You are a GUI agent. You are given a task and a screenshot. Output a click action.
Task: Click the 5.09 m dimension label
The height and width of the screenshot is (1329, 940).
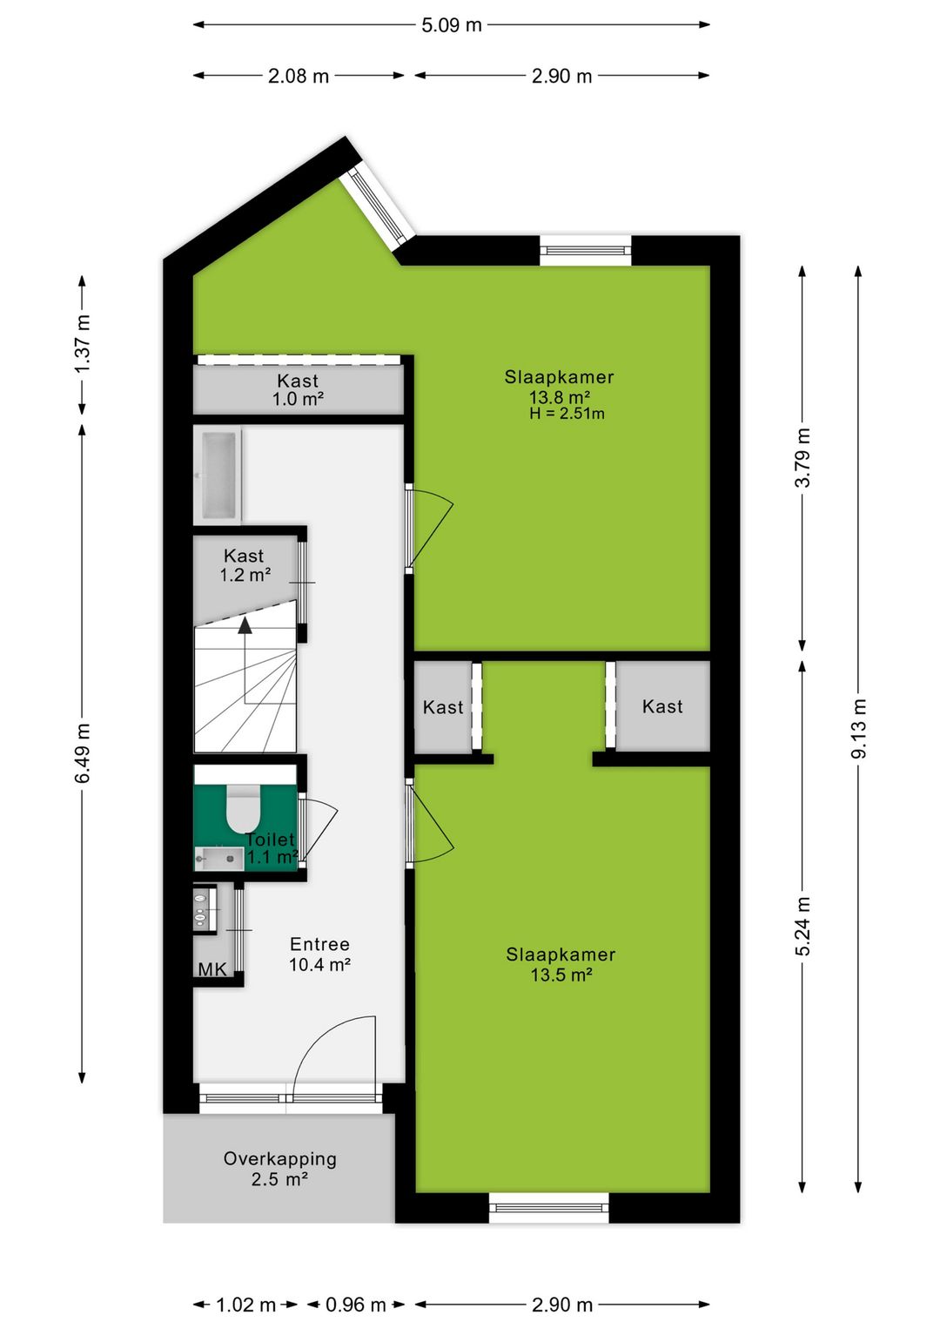[x=452, y=25]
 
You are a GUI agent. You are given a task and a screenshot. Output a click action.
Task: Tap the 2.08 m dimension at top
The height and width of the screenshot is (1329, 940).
[x=299, y=76]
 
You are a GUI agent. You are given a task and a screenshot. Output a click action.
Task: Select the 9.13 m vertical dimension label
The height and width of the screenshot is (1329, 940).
[x=859, y=728]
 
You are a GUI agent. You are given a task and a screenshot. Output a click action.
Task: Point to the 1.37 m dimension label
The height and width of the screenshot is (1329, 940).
[x=83, y=344]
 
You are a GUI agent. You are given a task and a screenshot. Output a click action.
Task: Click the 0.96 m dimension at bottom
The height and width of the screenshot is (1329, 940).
[x=355, y=1305]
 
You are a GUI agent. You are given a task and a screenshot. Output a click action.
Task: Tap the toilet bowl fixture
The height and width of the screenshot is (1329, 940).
[x=244, y=810]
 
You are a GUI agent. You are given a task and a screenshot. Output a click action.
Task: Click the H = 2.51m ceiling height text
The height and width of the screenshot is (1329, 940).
[x=567, y=414]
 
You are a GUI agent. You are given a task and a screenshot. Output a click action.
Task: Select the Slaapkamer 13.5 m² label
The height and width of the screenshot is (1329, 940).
[x=561, y=965]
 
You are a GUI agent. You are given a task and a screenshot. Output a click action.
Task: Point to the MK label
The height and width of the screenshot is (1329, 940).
[x=212, y=969]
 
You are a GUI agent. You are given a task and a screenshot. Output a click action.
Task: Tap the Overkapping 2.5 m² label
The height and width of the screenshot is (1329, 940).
[x=279, y=1169]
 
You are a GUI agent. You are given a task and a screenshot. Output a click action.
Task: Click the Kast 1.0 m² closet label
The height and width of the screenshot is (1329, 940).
[x=298, y=390]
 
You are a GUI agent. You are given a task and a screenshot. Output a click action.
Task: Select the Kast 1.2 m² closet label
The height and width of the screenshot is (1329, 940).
[x=244, y=565]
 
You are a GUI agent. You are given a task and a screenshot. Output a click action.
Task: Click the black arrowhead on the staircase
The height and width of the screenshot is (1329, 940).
[x=245, y=624]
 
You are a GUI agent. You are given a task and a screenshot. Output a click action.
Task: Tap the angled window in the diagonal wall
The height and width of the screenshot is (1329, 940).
[x=377, y=207]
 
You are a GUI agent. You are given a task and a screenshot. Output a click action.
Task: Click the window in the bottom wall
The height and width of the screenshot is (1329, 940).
[x=548, y=1207]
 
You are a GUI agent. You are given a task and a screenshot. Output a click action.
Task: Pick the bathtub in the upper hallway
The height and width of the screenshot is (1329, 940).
[x=217, y=476]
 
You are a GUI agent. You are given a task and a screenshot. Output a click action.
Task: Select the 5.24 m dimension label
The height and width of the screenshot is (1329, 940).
[x=802, y=926]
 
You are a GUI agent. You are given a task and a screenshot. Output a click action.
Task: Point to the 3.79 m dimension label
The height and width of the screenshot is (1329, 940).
[x=802, y=458]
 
